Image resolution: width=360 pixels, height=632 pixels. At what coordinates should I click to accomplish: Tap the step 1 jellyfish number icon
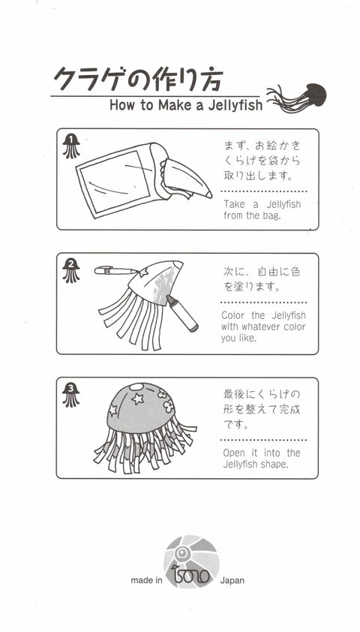[71, 146]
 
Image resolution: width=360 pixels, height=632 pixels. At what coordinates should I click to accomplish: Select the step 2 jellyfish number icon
[71, 270]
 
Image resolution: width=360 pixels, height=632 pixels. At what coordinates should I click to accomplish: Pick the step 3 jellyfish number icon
[71, 395]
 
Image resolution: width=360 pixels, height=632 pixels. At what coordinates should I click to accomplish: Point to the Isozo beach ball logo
[192, 561]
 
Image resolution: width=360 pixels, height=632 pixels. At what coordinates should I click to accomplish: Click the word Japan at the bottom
[232, 581]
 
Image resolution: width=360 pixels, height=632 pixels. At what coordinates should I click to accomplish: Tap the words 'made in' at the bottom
[146, 580]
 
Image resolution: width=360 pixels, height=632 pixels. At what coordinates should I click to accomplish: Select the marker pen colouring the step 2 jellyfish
[182, 313]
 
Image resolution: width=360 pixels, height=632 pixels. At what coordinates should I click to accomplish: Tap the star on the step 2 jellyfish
[143, 272]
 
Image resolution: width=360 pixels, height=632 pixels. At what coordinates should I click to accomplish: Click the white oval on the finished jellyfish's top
[136, 387]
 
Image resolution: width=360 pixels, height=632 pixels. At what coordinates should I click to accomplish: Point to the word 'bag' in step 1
[271, 215]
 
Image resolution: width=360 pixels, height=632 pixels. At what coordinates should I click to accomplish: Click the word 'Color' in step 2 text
[234, 315]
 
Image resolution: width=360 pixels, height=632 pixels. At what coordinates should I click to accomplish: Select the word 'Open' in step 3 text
[234, 453]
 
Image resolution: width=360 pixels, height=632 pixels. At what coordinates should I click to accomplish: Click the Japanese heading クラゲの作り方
[138, 79]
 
